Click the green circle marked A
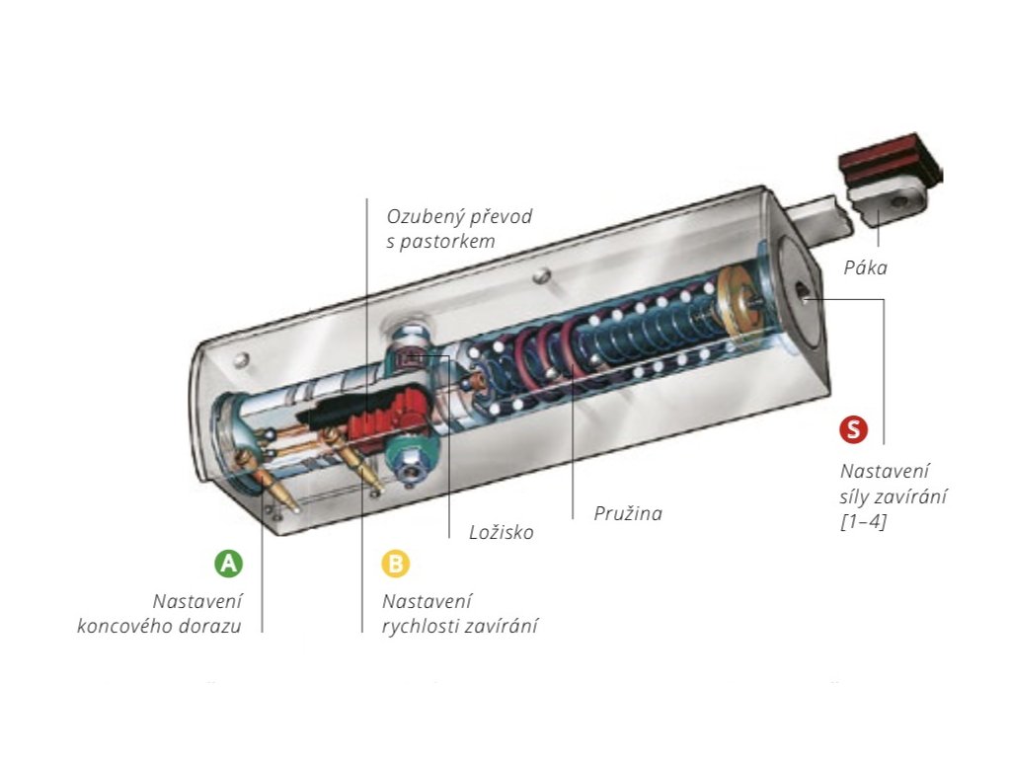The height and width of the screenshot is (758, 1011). [x=228, y=564]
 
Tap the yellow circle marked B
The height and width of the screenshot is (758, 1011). [x=395, y=564]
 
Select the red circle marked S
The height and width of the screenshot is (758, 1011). [x=853, y=429]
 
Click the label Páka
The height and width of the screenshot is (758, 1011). [x=866, y=267]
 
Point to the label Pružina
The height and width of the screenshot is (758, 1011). [x=628, y=513]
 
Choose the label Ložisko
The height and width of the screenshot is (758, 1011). [x=501, y=533]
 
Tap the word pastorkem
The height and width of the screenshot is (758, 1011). [x=446, y=241]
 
